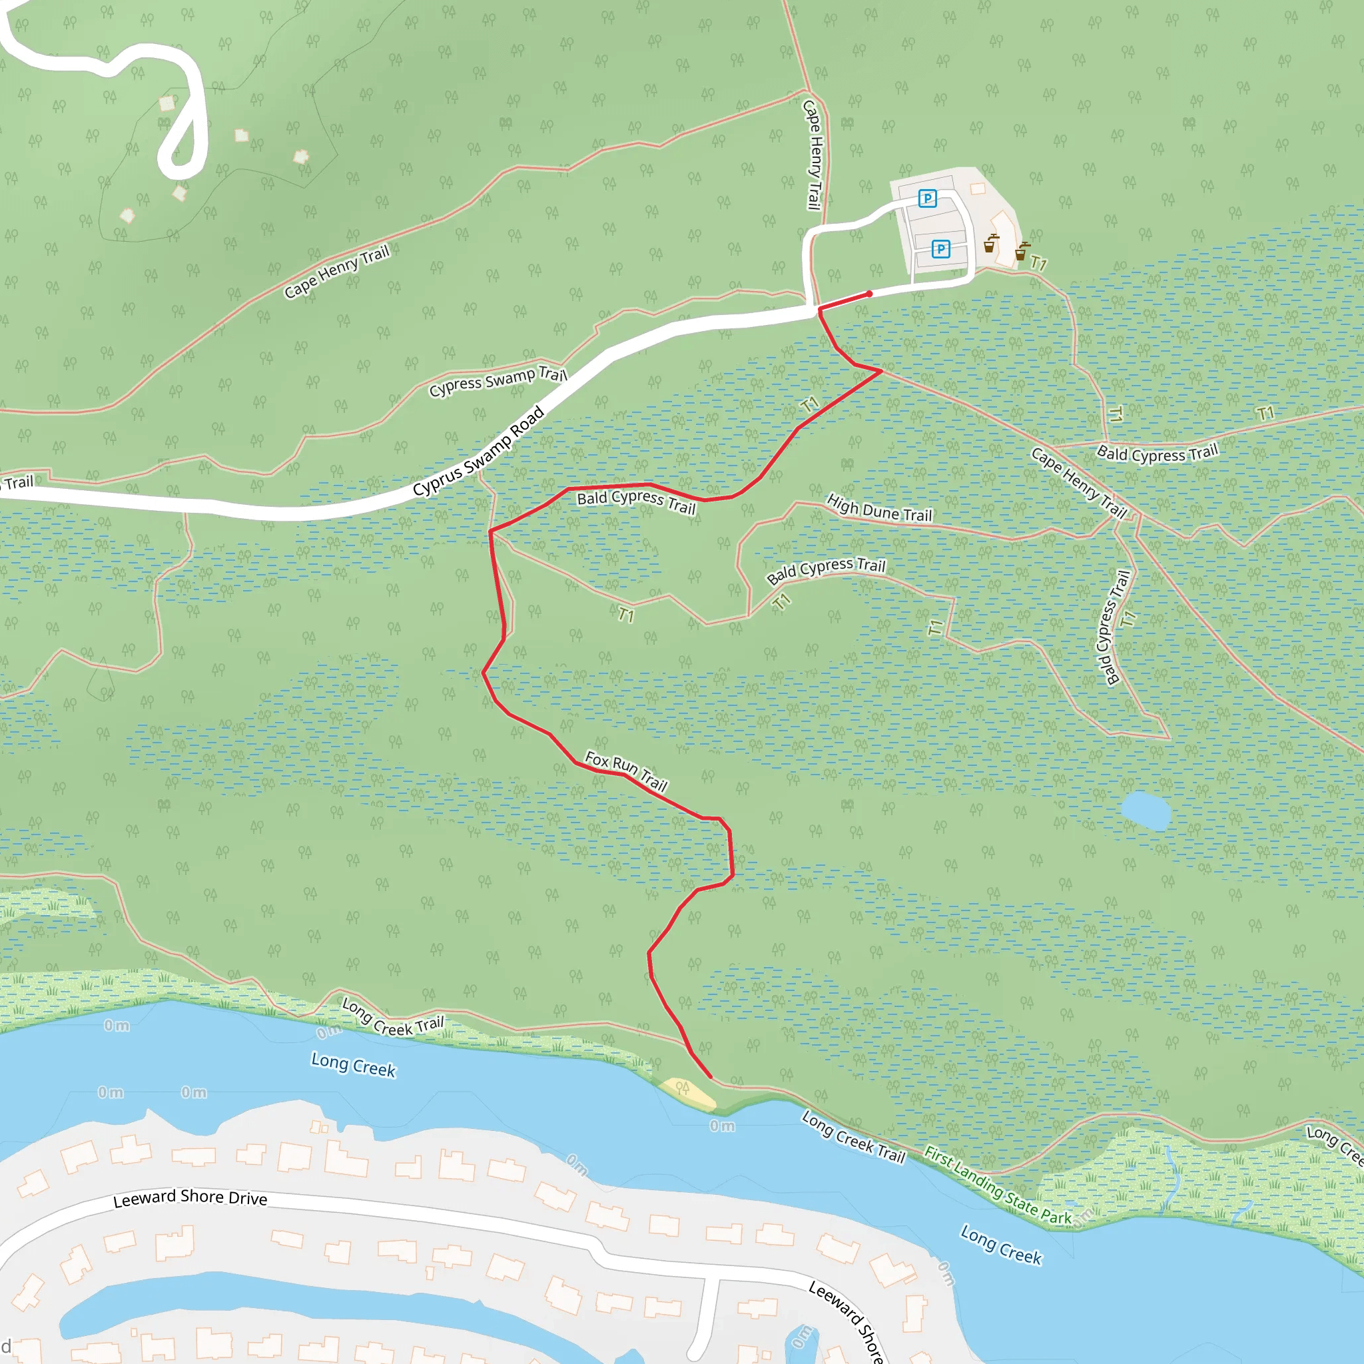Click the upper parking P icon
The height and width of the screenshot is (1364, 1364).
click(928, 198)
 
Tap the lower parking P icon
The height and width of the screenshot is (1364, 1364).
click(940, 248)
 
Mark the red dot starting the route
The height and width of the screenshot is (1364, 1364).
click(869, 294)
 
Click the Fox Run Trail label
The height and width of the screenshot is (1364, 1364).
click(626, 771)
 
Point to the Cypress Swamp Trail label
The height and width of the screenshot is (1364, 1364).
click(498, 381)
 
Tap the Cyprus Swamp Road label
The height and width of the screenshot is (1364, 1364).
click(479, 451)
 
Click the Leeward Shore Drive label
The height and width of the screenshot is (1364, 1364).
click(190, 1197)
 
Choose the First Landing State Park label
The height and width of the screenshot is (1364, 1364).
click(998, 1187)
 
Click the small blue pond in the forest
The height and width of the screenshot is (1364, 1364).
click(1144, 810)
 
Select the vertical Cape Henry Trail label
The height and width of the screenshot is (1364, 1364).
click(813, 155)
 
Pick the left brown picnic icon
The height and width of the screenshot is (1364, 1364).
click(990, 244)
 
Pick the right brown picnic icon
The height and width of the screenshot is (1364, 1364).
click(1022, 250)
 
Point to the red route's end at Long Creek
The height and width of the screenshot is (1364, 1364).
click(710, 1078)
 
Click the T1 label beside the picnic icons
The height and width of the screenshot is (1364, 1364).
click(1038, 263)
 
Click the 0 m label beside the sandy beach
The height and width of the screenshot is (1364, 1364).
click(722, 1126)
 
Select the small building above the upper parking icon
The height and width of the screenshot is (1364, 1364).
click(978, 188)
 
